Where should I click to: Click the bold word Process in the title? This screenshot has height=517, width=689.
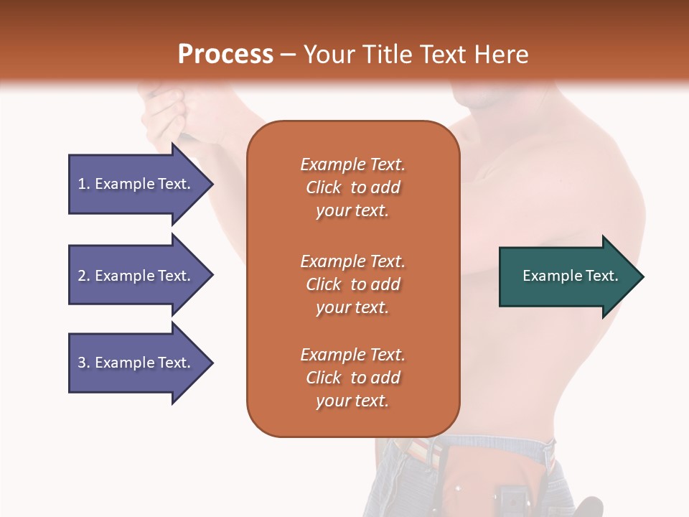point(225,54)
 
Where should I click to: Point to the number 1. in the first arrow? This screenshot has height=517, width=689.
point(84,184)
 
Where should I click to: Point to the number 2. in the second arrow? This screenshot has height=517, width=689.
point(84,276)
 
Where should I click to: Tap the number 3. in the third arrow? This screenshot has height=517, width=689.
point(84,363)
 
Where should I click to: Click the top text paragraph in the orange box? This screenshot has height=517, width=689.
point(352,187)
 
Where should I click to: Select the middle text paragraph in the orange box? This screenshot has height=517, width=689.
point(352,284)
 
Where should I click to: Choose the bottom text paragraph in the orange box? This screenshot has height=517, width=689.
point(352,378)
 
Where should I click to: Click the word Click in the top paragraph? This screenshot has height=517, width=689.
point(324,187)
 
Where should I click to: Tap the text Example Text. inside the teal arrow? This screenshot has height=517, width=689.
point(571,276)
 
